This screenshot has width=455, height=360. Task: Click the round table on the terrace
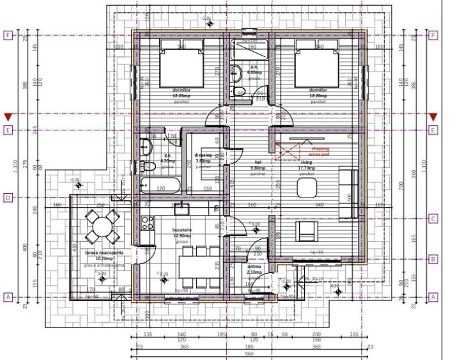click(x=102, y=226)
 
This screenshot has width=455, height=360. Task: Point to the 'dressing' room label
click(x=203, y=155)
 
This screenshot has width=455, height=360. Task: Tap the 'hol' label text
click(x=258, y=162)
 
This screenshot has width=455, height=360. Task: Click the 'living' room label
click(x=307, y=162)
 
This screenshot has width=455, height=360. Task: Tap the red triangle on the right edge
click(x=433, y=117)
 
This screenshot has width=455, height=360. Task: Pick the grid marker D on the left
click(x=8, y=198)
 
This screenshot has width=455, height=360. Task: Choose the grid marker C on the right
click(x=433, y=218)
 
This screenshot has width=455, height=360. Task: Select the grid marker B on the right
click(x=433, y=259)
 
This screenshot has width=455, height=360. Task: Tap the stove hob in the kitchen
click(x=147, y=223)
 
